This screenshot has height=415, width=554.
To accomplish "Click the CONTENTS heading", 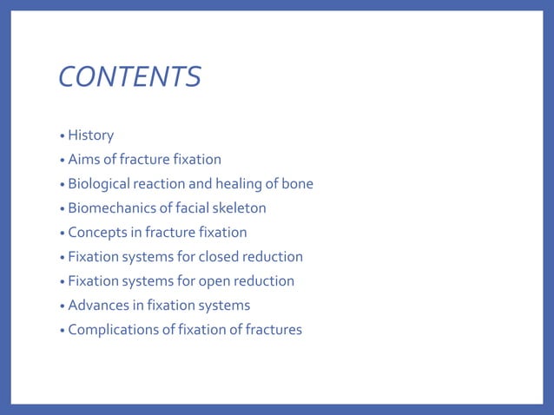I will (129, 77).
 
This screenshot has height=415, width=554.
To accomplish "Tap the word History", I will (90, 135).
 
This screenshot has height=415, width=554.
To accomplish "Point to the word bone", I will (297, 184).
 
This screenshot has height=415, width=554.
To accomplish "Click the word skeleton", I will (237, 208).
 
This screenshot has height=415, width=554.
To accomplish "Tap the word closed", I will (221, 257).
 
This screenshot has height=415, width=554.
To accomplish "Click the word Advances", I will (96, 306).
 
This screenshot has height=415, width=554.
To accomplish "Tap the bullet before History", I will (62, 136).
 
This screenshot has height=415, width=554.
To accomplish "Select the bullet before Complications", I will (62, 331).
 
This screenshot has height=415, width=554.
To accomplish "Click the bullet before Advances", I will (62, 306).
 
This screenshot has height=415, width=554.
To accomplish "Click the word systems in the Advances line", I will (223, 306).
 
